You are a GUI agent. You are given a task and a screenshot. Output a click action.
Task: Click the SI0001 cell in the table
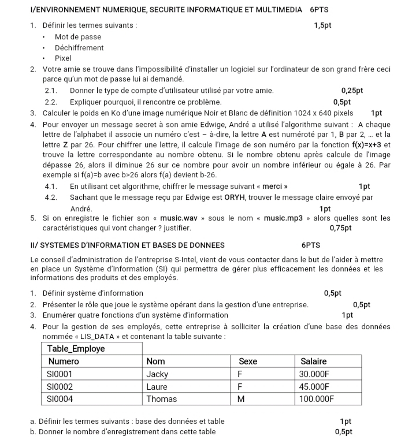60,374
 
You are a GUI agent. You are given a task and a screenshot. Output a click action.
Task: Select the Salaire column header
314,361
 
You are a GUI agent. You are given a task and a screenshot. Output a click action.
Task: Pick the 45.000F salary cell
315,386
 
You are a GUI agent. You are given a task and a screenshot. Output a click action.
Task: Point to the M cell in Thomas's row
242,399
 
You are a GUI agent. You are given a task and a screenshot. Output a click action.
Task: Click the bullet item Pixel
63,58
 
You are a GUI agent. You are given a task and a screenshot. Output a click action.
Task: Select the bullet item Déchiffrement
79,48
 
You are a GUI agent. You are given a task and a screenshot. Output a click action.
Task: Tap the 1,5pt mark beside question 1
322,25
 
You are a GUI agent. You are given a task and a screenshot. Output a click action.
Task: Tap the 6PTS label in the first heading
320,10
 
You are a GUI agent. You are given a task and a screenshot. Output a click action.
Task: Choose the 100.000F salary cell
317,399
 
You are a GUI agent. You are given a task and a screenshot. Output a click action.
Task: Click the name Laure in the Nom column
157,386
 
